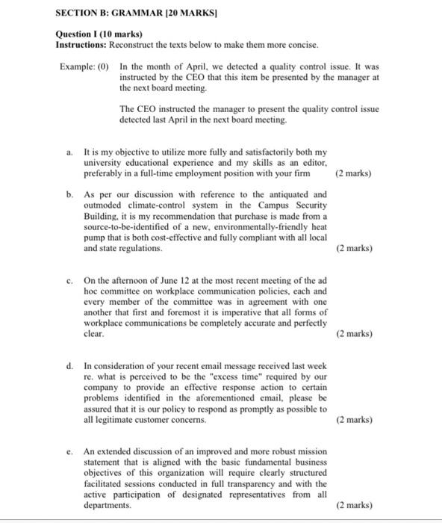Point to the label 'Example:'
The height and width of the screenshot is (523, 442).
pos(76,66)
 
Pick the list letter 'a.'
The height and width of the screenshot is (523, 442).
pos(69,152)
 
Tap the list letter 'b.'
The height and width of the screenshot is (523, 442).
pos(69,194)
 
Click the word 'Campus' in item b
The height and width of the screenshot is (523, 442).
pos(267,205)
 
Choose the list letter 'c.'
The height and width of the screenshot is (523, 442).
pos(69,281)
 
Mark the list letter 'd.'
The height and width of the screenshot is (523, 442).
pos(69,367)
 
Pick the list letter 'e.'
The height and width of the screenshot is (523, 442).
pos(69,452)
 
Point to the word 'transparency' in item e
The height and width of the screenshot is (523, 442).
pos(240,483)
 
